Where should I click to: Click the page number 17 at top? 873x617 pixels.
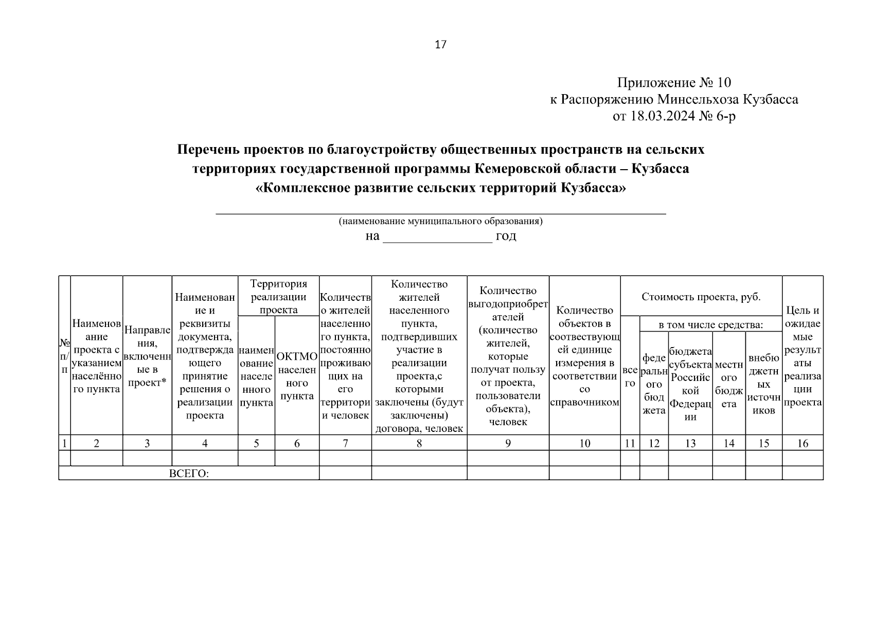tap(440, 45)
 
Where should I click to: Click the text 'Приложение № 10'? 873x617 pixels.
tap(674, 82)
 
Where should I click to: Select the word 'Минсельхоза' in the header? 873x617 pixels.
tap(697, 99)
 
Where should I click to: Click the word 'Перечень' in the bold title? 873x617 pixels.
tap(208, 150)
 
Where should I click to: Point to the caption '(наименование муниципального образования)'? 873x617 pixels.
tap(440, 222)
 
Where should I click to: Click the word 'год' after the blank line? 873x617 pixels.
tap(506, 236)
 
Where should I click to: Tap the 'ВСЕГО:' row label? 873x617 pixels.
tap(189, 474)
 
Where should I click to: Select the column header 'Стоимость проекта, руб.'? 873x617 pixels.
tap(701, 297)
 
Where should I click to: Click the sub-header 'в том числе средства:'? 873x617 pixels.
tap(710, 324)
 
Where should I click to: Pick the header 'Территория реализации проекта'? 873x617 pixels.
tap(278, 297)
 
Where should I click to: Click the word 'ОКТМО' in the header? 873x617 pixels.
tap(297, 356)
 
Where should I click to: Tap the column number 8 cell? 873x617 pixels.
tap(419, 443)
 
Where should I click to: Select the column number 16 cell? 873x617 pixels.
tap(802, 443)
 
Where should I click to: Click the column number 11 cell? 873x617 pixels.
tap(630, 443)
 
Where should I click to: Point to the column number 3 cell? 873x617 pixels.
tap(147, 443)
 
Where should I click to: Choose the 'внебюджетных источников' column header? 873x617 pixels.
tap(763, 384)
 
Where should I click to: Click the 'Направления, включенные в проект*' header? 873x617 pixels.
tap(147, 356)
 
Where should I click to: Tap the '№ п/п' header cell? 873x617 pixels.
tap(64, 356)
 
